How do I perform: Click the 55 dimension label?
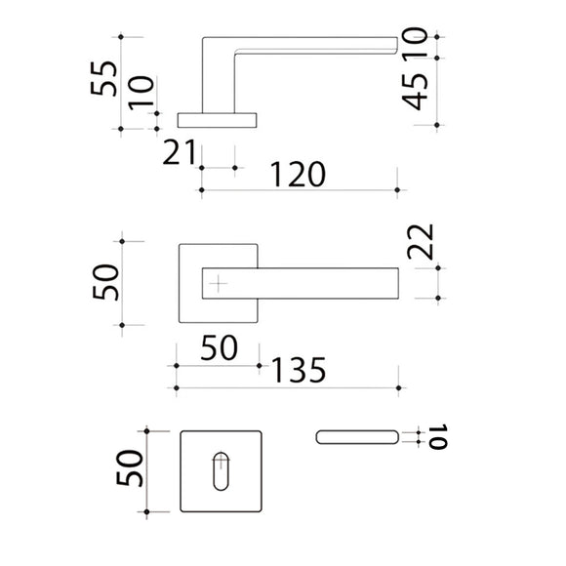[104, 78]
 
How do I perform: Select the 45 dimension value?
[415, 92]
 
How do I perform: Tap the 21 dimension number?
[179, 152]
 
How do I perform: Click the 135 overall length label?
[299, 370]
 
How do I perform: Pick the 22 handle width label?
[421, 242]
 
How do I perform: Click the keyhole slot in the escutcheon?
[221, 471]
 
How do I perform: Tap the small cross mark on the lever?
[218, 284]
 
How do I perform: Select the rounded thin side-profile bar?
[357, 437]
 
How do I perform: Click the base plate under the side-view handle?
[217, 121]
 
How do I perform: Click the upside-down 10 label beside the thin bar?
[438, 437]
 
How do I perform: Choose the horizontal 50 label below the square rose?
[220, 348]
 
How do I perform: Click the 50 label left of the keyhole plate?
[130, 467]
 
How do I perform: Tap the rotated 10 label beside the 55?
[141, 93]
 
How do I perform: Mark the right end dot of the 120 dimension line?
[397, 190]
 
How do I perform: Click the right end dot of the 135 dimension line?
[398, 388]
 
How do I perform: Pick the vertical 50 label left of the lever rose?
[105, 282]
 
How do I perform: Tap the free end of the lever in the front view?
[398, 283]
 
